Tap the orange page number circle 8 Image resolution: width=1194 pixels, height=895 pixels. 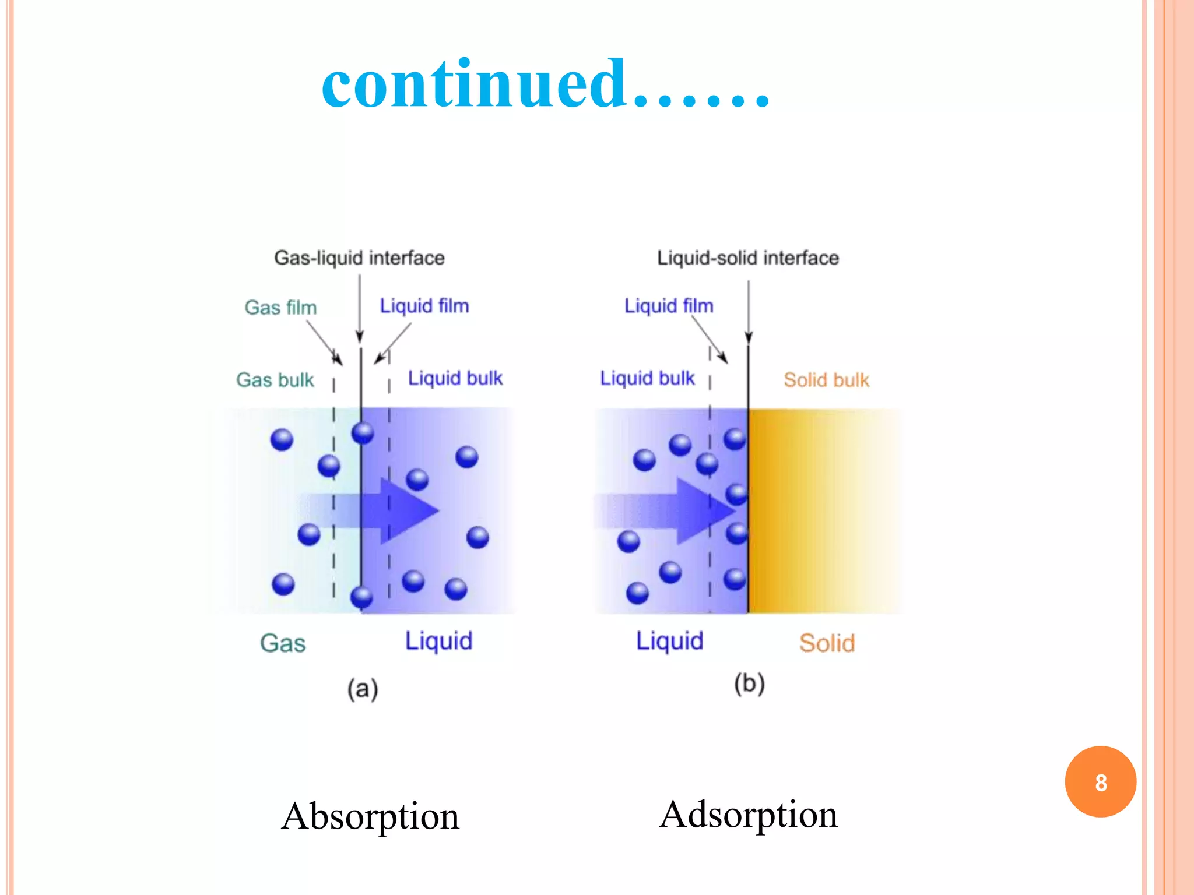[x=1100, y=782]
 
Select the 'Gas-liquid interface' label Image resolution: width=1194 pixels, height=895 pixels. [x=359, y=258]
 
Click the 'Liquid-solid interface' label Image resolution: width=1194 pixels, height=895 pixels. [x=748, y=258]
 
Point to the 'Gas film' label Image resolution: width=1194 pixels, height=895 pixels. [x=280, y=307]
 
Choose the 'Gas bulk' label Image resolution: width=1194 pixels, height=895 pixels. [x=275, y=380]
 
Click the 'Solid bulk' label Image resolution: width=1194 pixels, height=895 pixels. [x=826, y=380]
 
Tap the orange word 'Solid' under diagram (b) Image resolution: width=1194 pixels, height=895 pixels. [x=827, y=643]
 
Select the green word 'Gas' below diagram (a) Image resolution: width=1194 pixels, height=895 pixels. [x=283, y=643]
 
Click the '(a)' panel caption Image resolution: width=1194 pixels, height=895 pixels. [x=363, y=689]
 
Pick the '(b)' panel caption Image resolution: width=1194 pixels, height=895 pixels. [x=749, y=683]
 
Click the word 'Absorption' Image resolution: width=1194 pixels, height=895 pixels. [x=370, y=816]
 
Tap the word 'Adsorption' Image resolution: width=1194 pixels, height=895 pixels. [x=749, y=814]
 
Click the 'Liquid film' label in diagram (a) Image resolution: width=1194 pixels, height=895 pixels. [x=424, y=306]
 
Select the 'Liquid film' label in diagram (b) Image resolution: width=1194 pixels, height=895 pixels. [x=669, y=306]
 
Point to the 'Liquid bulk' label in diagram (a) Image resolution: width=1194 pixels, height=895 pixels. [x=455, y=378]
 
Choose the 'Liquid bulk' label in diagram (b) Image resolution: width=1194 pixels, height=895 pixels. [x=648, y=378]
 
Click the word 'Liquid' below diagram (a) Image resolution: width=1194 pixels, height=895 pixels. [x=439, y=641]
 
